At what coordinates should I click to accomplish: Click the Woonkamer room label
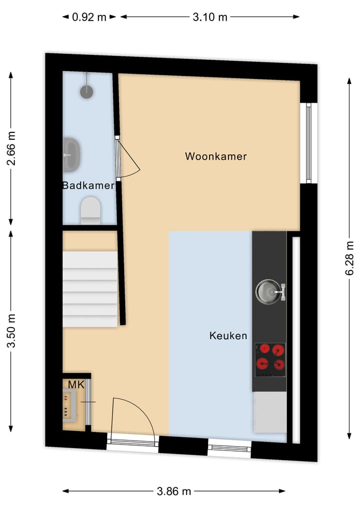[216, 156]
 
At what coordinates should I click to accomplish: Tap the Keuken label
[228, 336]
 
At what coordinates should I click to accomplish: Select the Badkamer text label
[88, 186]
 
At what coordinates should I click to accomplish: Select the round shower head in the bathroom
[87, 90]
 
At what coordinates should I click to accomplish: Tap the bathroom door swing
[129, 160]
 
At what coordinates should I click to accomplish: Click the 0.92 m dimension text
[89, 17]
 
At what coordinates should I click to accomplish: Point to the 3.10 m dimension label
[210, 17]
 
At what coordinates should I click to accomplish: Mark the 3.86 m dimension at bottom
[174, 491]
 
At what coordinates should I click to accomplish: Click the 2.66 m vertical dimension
[11, 148]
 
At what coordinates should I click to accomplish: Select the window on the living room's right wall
[308, 143]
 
